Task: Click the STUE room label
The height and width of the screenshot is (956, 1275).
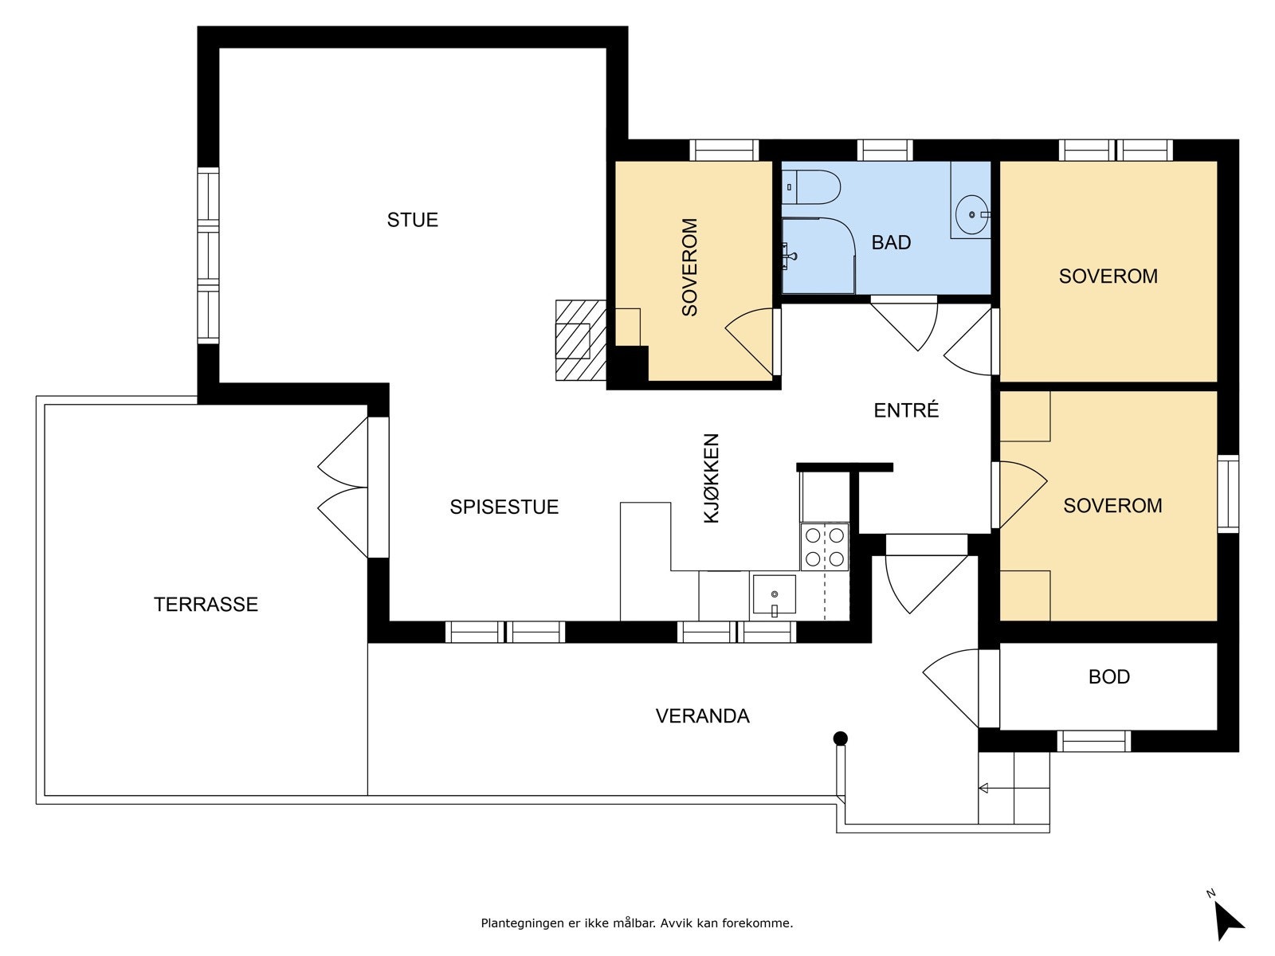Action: tap(413, 220)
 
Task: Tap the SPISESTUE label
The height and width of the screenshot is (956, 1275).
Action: tap(504, 507)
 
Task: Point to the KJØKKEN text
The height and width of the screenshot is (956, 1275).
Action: tap(712, 478)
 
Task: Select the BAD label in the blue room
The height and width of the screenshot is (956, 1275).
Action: tap(891, 242)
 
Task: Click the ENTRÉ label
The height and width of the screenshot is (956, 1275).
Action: tap(906, 409)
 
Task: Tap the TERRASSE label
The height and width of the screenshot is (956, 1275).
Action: tap(206, 604)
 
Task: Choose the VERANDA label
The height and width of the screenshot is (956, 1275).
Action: tap(702, 715)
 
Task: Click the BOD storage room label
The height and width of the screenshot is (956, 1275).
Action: tap(1109, 676)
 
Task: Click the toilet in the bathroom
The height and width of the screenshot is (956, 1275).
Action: tap(811, 187)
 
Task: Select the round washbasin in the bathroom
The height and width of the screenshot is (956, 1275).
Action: tap(971, 215)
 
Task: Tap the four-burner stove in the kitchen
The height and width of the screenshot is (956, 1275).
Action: tap(824, 547)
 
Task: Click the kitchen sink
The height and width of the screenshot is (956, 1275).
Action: tap(775, 594)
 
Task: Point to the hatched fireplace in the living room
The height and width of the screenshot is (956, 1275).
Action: tap(580, 340)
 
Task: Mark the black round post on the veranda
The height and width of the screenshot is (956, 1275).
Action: tap(840, 739)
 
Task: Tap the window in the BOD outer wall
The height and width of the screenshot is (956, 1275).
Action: tap(1094, 741)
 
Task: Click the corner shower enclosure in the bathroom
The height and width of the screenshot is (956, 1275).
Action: tap(818, 256)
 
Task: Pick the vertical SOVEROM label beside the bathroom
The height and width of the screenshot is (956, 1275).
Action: tap(689, 267)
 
